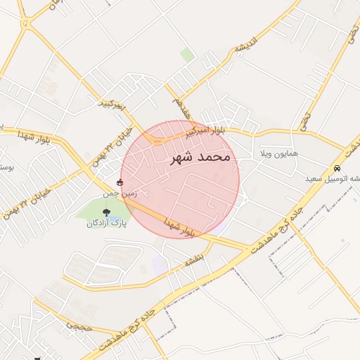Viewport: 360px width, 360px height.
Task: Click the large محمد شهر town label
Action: point(201,157)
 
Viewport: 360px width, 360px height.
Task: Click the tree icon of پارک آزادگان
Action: point(107,212)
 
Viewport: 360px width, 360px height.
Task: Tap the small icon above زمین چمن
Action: point(119,181)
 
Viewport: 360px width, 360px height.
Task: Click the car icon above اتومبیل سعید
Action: point(337,169)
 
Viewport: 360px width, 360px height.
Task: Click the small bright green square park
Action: point(187,54)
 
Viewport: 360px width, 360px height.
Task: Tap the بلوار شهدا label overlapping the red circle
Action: point(179,224)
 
